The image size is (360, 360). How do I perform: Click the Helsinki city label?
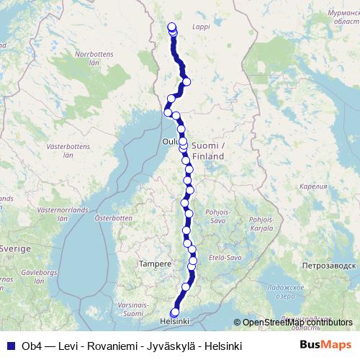(x=174, y=320)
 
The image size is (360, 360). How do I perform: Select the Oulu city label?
(x=170, y=142)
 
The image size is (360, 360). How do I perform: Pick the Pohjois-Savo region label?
(x=217, y=217)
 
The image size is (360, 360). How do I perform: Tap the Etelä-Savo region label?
(x=222, y=257)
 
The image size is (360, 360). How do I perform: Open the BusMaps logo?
(x=325, y=345)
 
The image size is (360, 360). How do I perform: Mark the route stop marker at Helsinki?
(x=175, y=312)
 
